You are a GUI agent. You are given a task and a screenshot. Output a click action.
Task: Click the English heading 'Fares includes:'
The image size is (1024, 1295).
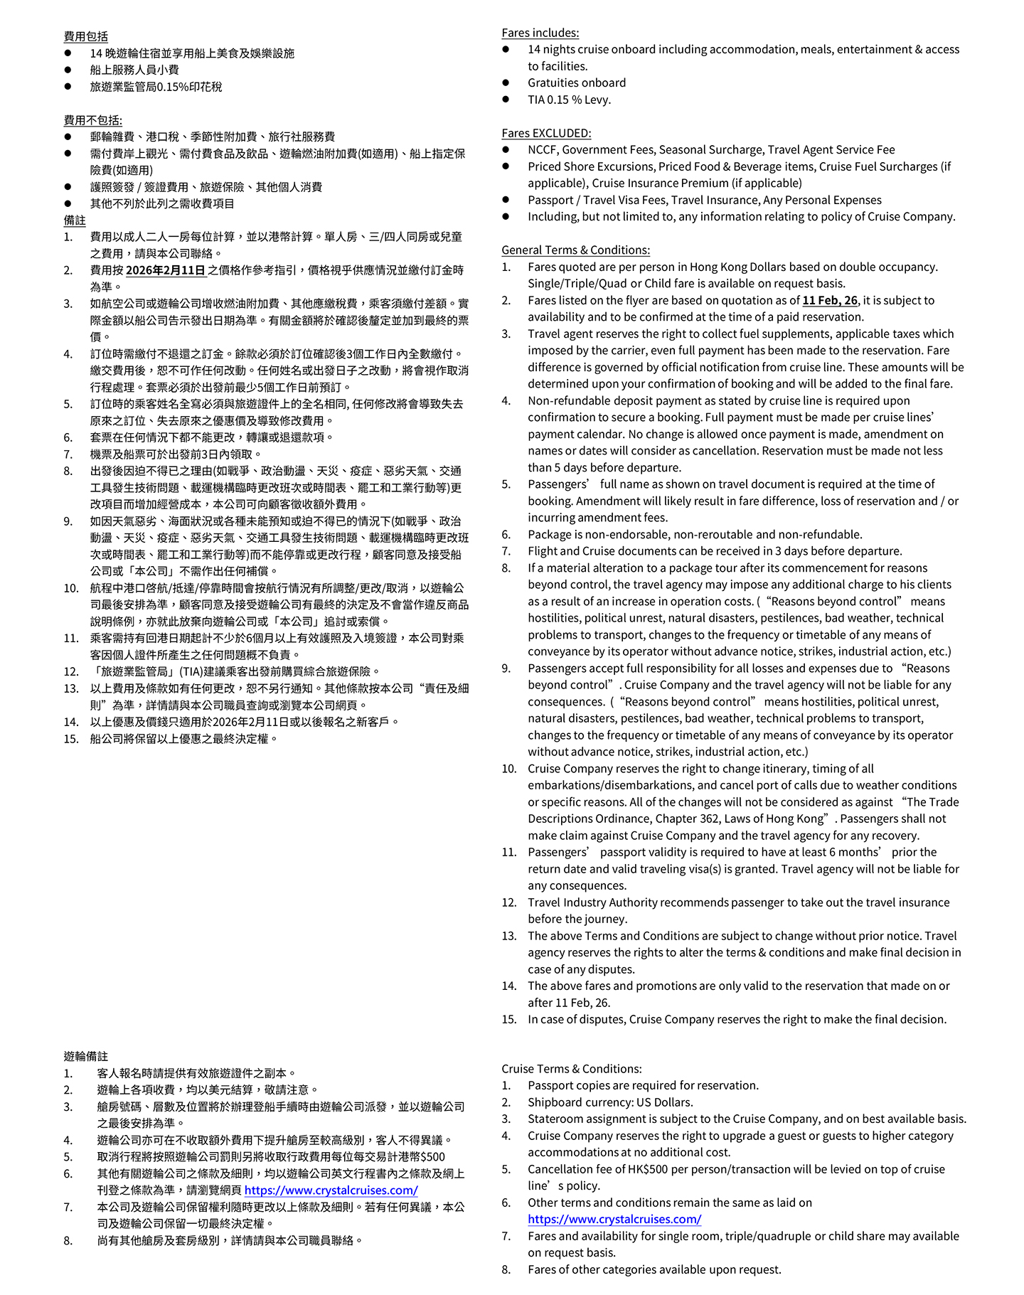click(540, 33)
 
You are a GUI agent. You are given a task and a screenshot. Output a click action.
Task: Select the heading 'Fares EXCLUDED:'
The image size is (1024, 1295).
click(545, 133)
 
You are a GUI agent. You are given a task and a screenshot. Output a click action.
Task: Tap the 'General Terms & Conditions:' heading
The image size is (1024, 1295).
click(575, 250)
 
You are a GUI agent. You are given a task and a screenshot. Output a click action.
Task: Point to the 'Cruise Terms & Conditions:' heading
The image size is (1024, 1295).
click(571, 1068)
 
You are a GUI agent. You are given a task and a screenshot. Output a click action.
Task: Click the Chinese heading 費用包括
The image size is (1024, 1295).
click(86, 36)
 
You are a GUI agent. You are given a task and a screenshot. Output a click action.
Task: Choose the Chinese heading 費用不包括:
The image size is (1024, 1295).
click(93, 120)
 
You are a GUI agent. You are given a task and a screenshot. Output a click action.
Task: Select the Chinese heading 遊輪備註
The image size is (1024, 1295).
click(86, 1056)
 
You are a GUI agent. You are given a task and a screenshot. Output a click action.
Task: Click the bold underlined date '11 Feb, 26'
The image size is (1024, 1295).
click(829, 300)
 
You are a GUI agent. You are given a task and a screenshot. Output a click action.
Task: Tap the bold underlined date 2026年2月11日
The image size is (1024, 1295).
click(166, 270)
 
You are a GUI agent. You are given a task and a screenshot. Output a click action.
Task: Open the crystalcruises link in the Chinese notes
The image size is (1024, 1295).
click(331, 1190)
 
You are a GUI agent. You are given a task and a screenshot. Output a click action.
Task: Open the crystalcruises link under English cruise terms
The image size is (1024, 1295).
click(614, 1219)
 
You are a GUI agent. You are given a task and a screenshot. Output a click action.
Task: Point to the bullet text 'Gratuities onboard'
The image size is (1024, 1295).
click(577, 82)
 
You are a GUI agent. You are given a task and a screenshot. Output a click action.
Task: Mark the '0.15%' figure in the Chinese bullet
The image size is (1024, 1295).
click(169, 87)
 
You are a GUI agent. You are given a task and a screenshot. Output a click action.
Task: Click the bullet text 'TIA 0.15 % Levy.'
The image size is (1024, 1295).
click(569, 100)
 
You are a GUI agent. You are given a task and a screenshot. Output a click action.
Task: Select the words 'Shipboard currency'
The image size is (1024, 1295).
click(577, 1102)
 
